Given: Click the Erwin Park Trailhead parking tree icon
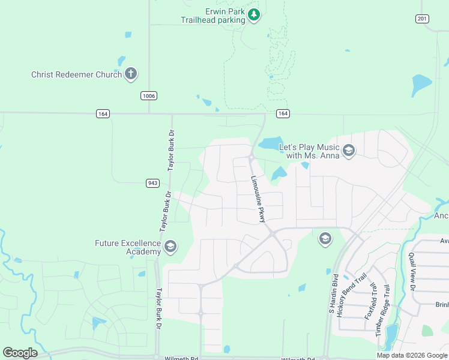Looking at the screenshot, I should click(x=254, y=15).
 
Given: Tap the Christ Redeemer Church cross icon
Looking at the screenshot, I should click(x=131, y=74).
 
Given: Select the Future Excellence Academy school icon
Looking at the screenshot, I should click(x=170, y=247).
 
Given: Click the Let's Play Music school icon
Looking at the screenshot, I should click(x=349, y=151).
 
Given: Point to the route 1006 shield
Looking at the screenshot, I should click(x=149, y=96).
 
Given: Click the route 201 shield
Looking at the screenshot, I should click(x=423, y=19).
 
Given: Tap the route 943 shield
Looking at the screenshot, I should click(x=152, y=183).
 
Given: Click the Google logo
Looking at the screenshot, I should click(x=20, y=353).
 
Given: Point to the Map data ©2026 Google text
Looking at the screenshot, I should click(x=412, y=355).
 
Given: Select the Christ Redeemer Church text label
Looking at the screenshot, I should click(x=77, y=75).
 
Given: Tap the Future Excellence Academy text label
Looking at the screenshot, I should click(x=128, y=247).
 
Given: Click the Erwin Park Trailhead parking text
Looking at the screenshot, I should click(x=213, y=16).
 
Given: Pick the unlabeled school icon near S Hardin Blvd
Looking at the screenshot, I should click(x=325, y=239).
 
